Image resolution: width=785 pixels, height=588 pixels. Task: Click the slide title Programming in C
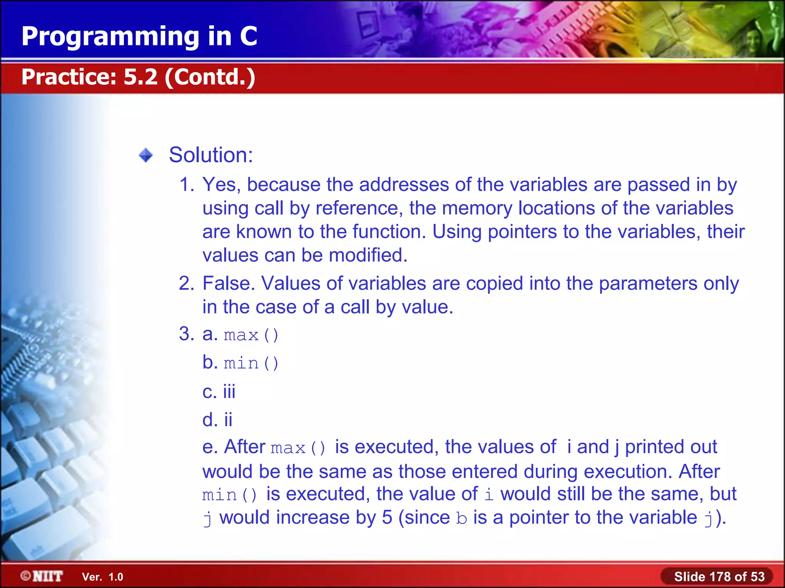point(139,36)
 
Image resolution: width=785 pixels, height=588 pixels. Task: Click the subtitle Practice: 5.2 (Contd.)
point(138,77)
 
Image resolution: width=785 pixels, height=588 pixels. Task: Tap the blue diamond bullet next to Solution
point(146,155)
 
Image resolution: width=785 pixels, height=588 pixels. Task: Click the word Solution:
point(211,155)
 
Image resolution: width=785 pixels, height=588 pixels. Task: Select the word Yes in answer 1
point(221,185)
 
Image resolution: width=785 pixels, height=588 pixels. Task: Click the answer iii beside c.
point(229,392)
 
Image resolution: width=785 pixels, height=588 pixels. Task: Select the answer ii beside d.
point(228,420)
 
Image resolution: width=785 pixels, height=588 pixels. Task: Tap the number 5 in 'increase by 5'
point(387,518)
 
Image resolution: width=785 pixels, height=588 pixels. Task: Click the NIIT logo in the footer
point(42,576)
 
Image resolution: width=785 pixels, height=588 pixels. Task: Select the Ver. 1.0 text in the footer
point(102,577)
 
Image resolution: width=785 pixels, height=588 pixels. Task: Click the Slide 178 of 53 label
point(719,577)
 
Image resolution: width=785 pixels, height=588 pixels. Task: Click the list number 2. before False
point(187,284)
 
